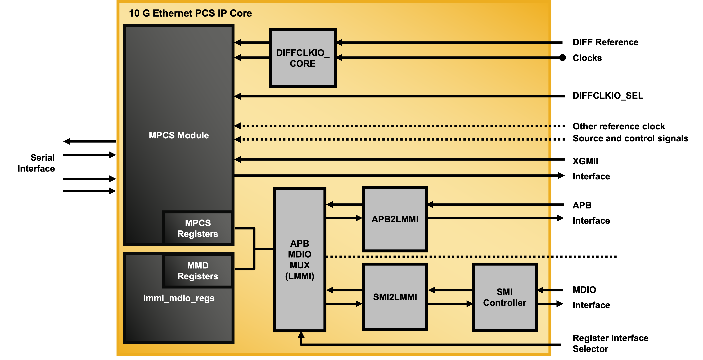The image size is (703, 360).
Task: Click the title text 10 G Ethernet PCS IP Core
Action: tap(190, 13)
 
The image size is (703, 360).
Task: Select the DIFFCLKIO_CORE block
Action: tap(303, 58)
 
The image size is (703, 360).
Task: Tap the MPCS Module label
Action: tap(179, 135)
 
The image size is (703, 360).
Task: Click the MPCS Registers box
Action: tap(198, 228)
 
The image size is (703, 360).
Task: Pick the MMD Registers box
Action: tap(198, 271)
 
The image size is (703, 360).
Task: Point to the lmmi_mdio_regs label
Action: tap(179, 298)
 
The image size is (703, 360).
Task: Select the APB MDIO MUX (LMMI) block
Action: tap(300, 259)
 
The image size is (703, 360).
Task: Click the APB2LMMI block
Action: tap(395, 219)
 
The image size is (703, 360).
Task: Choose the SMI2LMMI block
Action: tap(395, 297)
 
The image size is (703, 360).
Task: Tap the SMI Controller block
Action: tap(504, 297)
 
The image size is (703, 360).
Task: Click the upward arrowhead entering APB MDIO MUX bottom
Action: tap(301, 335)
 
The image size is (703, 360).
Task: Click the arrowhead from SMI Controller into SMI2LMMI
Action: tap(432, 290)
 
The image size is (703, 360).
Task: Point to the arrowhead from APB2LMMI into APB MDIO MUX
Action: tap(330, 204)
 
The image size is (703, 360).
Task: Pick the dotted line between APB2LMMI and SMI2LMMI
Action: tap(437, 257)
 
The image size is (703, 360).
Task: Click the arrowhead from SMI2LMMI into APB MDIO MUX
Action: tap(330, 290)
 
